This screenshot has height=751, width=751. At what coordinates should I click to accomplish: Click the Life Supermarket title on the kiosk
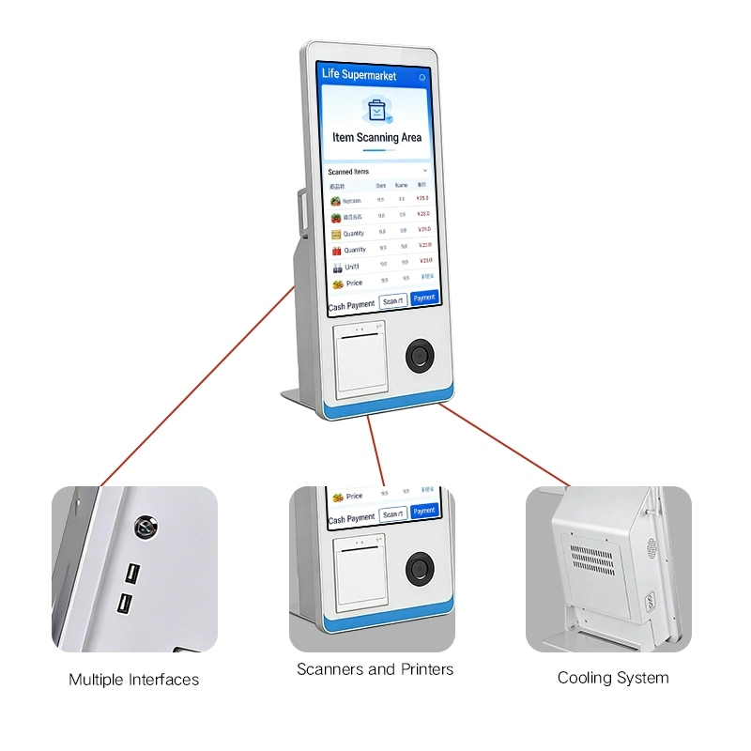tap(359, 75)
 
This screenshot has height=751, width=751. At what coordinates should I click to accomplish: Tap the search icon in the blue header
tap(422, 77)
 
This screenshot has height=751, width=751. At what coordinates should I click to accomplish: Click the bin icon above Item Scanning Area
tap(376, 111)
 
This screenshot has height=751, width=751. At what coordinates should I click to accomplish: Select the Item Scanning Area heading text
tap(376, 137)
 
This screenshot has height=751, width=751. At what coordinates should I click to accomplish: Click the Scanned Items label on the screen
tap(348, 172)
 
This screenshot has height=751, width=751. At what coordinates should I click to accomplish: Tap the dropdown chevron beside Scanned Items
tap(424, 171)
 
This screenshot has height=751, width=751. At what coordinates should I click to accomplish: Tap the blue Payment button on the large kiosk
tap(424, 298)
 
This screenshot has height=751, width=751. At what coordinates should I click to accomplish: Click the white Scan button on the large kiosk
tap(392, 301)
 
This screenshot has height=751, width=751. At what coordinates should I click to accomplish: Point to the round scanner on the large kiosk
tap(419, 356)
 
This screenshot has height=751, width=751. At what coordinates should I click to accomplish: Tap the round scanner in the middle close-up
tap(419, 569)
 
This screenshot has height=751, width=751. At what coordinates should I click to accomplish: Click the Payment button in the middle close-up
tap(424, 511)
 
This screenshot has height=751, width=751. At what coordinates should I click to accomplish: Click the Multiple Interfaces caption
tap(134, 680)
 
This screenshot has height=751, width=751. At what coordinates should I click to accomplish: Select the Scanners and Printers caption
tap(375, 669)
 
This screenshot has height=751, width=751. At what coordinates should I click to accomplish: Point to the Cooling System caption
tap(613, 678)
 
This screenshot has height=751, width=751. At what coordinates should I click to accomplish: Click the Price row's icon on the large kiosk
tap(337, 284)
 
